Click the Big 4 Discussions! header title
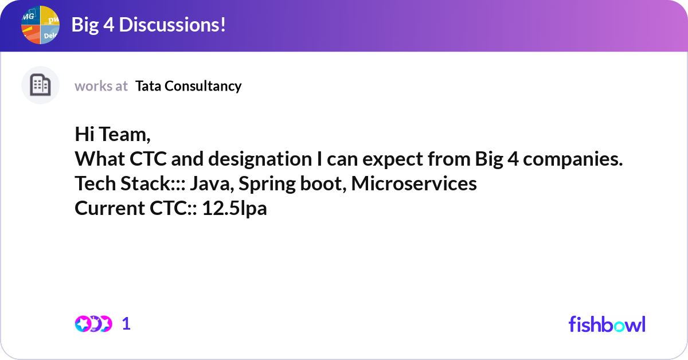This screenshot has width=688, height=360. pos(148,25)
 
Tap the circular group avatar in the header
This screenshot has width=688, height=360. pos(40,25)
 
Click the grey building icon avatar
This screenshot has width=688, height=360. pos(40,85)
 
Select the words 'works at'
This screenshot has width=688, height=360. pos(101,86)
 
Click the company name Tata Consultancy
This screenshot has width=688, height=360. pos(189,86)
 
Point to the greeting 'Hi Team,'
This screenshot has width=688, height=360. pos(112,135)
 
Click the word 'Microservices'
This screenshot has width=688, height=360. pos(414,184)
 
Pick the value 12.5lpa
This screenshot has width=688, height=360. pos(234,209)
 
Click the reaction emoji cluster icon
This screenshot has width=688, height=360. pos(93,324)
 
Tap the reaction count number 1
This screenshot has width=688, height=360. pos(126,324)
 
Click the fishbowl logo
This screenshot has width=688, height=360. pos(607,324)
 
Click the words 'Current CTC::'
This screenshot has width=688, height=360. pos(136,209)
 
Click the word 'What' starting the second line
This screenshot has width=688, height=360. pos(96,159)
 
